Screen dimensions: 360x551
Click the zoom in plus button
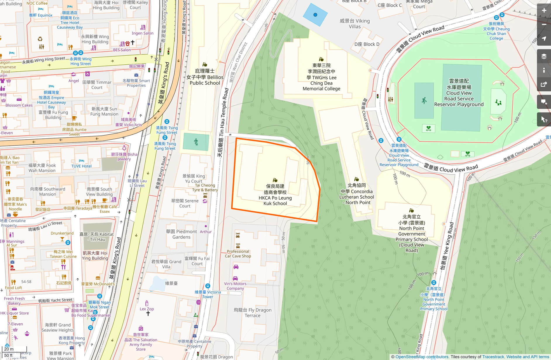tap(544, 10)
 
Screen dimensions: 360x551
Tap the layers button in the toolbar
tap(544, 56)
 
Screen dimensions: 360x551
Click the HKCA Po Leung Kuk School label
tap(275, 195)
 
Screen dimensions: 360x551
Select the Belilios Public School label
tap(205, 77)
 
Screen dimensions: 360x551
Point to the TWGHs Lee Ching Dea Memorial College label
tap(321, 77)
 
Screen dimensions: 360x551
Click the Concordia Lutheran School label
tap(357, 194)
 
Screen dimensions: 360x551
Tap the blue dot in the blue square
tap(315, 15)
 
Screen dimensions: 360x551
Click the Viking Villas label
tap(355, 24)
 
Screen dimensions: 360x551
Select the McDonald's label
tap(98, 284)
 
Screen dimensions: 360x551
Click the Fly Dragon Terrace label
tap(252, 313)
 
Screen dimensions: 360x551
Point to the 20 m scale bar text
tap(9, 349)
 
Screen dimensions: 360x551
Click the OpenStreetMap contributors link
tap(422, 357)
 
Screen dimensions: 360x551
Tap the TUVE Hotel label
tap(81, 166)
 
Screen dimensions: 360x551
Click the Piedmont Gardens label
tap(182, 234)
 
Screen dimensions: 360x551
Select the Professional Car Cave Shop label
tap(238, 253)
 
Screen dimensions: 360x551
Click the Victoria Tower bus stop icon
tap(208, 286)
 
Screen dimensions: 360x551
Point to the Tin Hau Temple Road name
tap(223, 123)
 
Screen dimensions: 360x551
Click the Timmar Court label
tap(97, 85)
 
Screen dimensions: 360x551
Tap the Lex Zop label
tap(147, 309)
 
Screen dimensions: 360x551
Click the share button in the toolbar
tap(544, 85)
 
